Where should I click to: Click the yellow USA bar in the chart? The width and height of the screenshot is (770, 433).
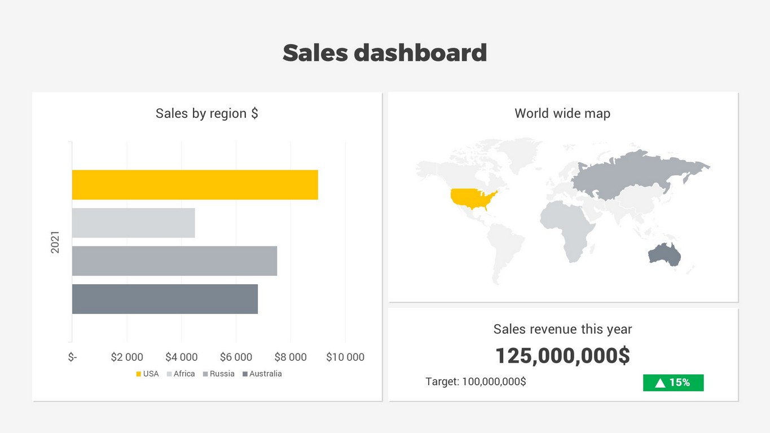click(195, 184)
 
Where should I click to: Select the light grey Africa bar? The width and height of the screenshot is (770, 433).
click(133, 223)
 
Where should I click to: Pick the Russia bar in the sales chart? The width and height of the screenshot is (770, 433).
click(174, 261)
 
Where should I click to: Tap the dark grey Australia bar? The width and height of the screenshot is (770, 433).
click(165, 299)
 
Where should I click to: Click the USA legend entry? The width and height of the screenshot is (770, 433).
click(147, 374)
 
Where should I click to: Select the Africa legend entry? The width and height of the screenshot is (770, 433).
click(181, 374)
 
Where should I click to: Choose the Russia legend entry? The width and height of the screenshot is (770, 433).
click(219, 374)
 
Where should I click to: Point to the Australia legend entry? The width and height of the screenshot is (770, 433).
click(262, 374)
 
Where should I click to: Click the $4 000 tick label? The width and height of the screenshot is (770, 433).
click(181, 357)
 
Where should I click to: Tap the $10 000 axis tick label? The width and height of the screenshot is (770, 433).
click(345, 357)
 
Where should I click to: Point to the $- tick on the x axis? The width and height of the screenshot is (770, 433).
click(72, 357)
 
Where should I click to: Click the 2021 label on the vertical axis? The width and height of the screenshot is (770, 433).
click(55, 242)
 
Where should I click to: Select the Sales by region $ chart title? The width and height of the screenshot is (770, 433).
click(207, 113)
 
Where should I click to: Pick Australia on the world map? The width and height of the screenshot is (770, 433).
click(665, 255)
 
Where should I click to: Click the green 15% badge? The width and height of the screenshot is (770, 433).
click(673, 383)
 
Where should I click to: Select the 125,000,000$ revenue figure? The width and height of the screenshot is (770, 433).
click(562, 356)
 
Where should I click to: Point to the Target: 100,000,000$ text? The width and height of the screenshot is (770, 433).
click(476, 382)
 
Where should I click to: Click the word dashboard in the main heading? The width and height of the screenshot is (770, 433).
click(420, 53)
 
